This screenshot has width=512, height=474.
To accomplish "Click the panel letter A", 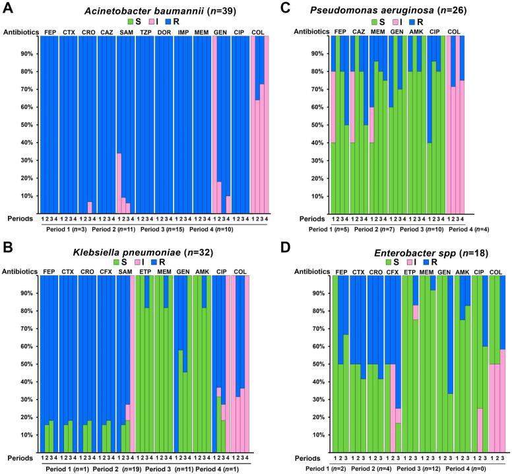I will (7, 9).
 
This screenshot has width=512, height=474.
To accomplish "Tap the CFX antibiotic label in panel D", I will (392, 271).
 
